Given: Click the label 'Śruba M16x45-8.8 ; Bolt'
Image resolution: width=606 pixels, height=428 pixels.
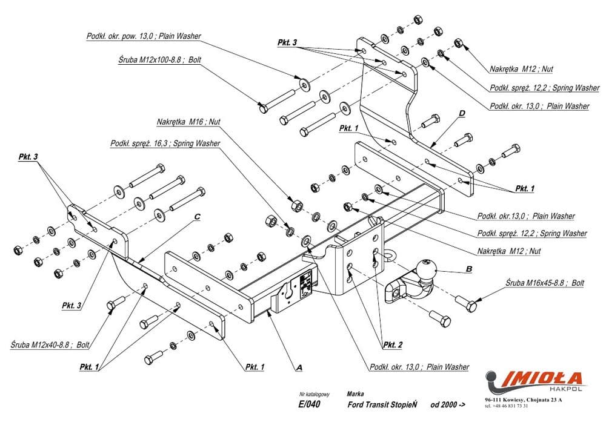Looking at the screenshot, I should [x=545, y=283].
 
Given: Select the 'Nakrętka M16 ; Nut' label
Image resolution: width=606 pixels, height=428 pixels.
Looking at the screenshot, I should [x=188, y=122].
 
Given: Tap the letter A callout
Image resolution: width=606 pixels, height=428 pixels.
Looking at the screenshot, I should [x=299, y=366].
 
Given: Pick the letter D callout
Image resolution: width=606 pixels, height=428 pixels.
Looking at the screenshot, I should [x=462, y=113].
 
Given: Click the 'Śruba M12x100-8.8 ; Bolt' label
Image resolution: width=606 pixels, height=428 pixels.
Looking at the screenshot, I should [x=160, y=60].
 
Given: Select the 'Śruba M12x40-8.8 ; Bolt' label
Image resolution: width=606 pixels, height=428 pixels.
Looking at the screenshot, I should [x=50, y=344].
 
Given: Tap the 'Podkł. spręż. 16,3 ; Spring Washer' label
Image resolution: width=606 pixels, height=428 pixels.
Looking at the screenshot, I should [x=165, y=144].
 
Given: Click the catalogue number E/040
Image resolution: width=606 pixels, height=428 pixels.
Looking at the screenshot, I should [x=310, y=404].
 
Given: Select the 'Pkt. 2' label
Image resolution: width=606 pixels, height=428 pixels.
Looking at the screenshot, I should [x=392, y=345].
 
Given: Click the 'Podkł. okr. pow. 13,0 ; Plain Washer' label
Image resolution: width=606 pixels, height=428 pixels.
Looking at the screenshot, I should [x=143, y=36].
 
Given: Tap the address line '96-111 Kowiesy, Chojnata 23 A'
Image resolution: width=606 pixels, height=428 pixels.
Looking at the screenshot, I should [x=523, y=400].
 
